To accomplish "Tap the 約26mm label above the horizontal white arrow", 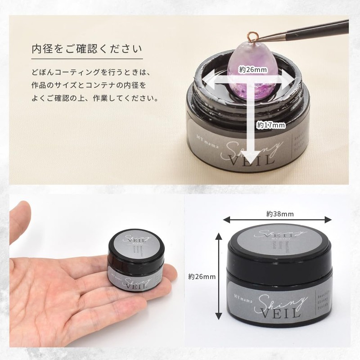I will pos(253,70).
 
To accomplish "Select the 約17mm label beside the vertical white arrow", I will pos(271,126).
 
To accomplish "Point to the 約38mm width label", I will pos(280,213).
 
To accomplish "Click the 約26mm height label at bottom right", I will pos(200,276).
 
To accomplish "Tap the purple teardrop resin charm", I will pos(254,74).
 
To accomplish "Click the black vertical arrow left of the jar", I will pos(219,277).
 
